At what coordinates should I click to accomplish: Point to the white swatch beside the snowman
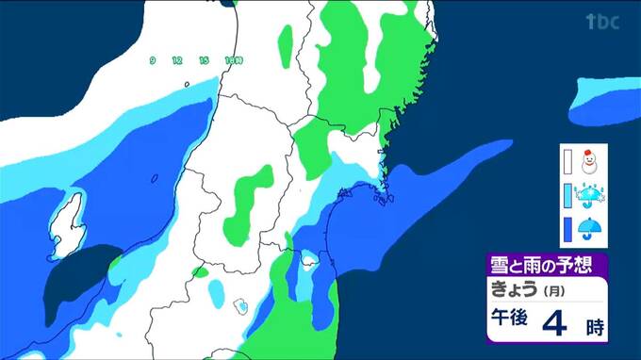567,163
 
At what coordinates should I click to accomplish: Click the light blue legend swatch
567,196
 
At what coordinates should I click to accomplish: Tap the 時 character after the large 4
593,328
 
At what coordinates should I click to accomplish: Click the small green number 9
152,60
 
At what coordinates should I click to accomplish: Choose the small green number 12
176,60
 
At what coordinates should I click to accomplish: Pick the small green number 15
203,60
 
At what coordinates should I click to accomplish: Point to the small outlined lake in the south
241,304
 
